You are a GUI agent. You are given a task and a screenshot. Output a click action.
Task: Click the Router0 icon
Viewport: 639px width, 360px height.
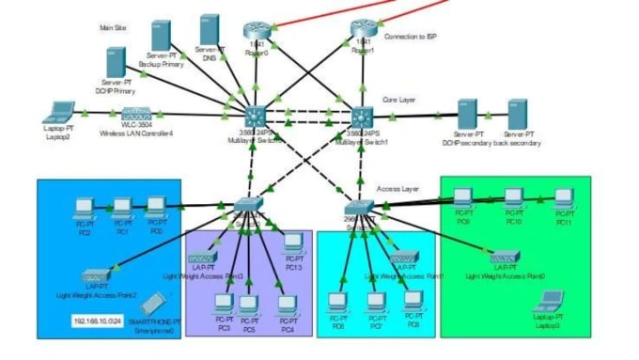point(256,31)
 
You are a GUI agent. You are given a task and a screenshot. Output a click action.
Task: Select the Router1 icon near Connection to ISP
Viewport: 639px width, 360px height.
point(363,31)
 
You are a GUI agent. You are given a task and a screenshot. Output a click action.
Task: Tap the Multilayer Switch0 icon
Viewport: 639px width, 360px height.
point(254,117)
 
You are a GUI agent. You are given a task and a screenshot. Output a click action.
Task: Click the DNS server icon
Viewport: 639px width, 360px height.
point(210,31)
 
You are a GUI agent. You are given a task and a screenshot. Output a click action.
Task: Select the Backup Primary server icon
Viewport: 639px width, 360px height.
point(161,37)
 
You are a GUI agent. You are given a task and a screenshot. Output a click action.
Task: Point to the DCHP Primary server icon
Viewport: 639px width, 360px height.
point(116,63)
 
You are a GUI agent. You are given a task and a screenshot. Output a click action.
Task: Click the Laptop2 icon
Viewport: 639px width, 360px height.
point(62,111)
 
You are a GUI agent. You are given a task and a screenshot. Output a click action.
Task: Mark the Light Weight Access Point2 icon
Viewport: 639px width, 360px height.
point(97,277)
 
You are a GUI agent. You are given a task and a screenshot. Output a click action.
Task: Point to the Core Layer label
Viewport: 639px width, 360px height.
point(399,98)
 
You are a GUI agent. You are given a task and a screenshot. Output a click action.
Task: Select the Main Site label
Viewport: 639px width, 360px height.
point(114,28)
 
